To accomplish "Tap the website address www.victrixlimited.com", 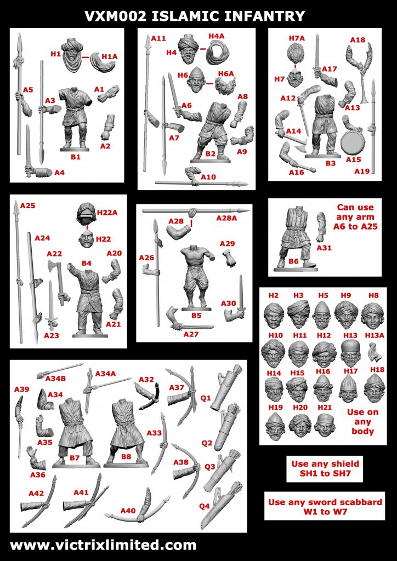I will [x=103, y=545].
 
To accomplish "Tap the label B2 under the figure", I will [x=210, y=154].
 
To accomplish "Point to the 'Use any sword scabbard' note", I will [x=325, y=507].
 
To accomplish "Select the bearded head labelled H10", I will [x=273, y=352].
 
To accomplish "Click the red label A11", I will [x=158, y=38].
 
